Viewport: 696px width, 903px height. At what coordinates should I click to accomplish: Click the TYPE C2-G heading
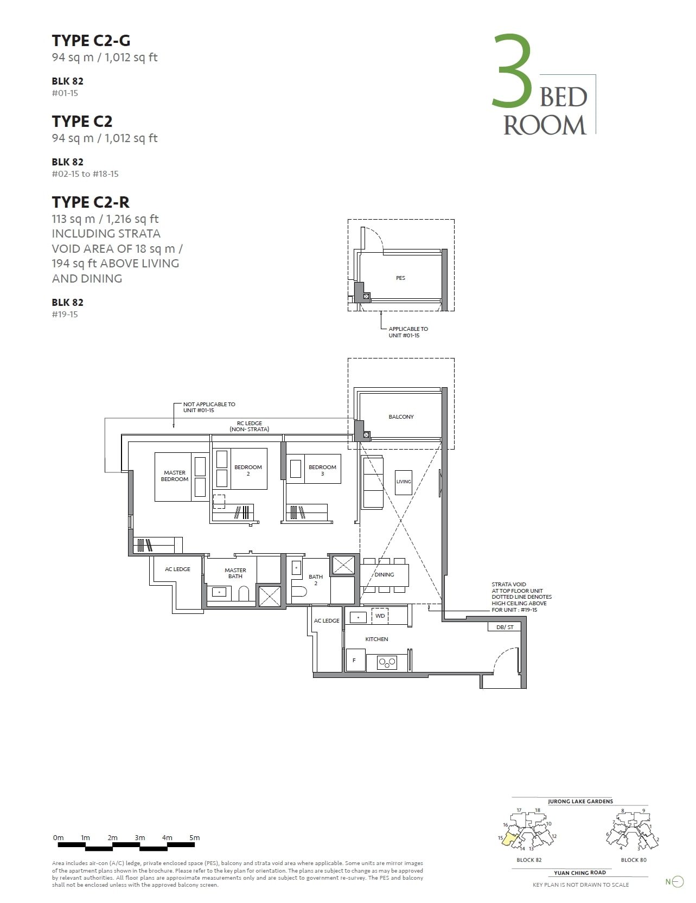91,41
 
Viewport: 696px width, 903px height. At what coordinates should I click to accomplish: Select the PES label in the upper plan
400,278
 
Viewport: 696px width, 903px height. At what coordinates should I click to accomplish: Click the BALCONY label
401,417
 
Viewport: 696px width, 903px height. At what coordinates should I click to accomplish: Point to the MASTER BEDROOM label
175,476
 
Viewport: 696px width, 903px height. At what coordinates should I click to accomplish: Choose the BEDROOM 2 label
248,470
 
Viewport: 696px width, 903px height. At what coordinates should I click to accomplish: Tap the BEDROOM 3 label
322,470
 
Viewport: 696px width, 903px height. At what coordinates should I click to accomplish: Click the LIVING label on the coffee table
404,482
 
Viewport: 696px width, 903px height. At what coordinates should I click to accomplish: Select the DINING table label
384,574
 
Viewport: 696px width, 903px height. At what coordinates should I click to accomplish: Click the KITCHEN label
376,639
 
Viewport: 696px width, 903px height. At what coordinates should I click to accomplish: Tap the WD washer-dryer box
380,616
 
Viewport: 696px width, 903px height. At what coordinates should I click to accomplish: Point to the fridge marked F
355,661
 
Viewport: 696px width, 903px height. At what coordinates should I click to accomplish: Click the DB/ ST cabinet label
505,627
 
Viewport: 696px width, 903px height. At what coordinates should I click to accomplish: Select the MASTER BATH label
235,573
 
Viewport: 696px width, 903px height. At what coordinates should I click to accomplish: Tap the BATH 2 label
316,579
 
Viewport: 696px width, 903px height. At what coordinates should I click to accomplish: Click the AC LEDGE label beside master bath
177,569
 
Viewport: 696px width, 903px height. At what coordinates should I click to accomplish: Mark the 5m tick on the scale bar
194,837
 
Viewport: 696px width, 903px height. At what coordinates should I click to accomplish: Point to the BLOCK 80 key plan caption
633,860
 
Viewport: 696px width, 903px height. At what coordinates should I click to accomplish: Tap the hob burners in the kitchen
387,662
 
